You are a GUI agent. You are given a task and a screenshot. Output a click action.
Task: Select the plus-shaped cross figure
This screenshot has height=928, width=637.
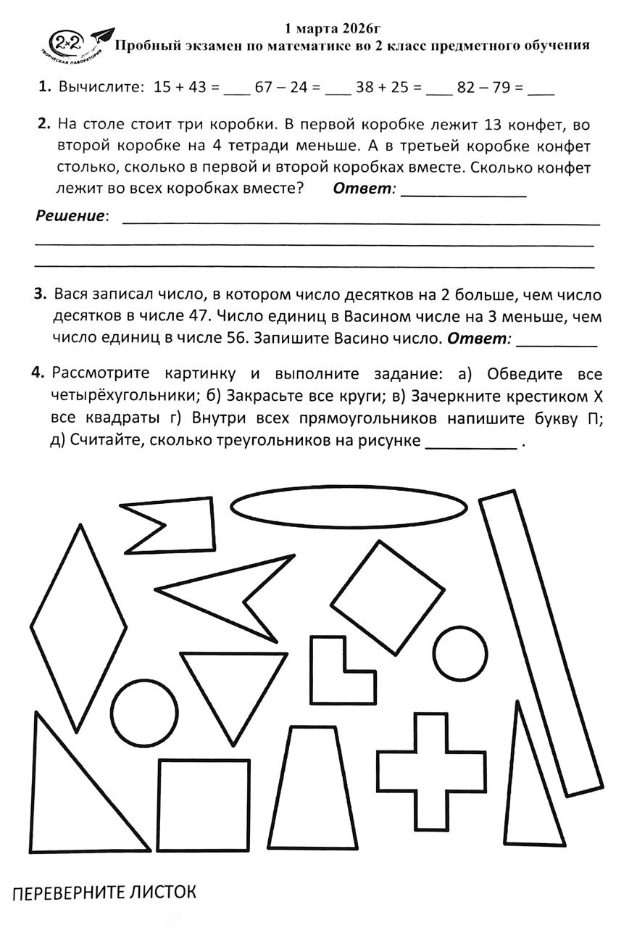431,771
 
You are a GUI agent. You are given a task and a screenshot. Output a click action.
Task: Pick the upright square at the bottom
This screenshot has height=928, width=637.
204,805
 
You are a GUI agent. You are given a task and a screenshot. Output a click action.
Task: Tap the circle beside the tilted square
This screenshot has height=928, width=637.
462,650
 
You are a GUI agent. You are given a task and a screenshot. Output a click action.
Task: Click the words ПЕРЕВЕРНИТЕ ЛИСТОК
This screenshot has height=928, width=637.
104,891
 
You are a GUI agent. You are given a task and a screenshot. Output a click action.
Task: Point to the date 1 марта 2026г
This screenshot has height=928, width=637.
333,28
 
